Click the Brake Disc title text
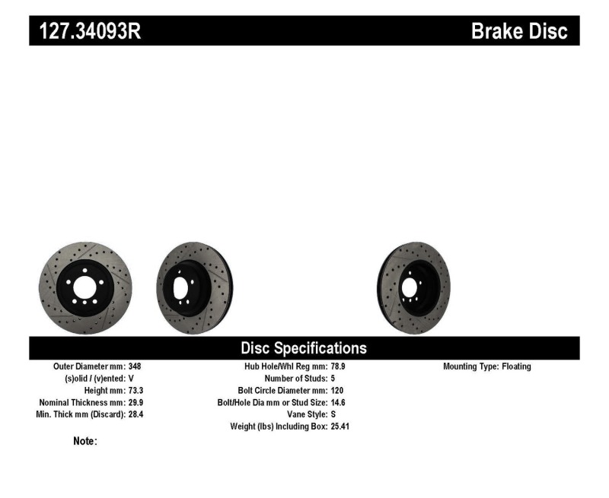point(519,32)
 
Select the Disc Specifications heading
point(304,348)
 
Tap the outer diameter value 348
point(135,366)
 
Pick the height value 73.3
point(136,390)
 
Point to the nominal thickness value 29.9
point(136,402)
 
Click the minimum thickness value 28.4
point(136,414)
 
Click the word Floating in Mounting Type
point(516,366)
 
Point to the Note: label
point(84,441)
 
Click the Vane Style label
point(303,414)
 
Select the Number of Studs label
point(296,378)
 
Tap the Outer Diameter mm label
point(89,366)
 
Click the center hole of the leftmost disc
point(84,287)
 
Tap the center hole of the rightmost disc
point(409,288)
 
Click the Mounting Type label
point(470,366)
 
